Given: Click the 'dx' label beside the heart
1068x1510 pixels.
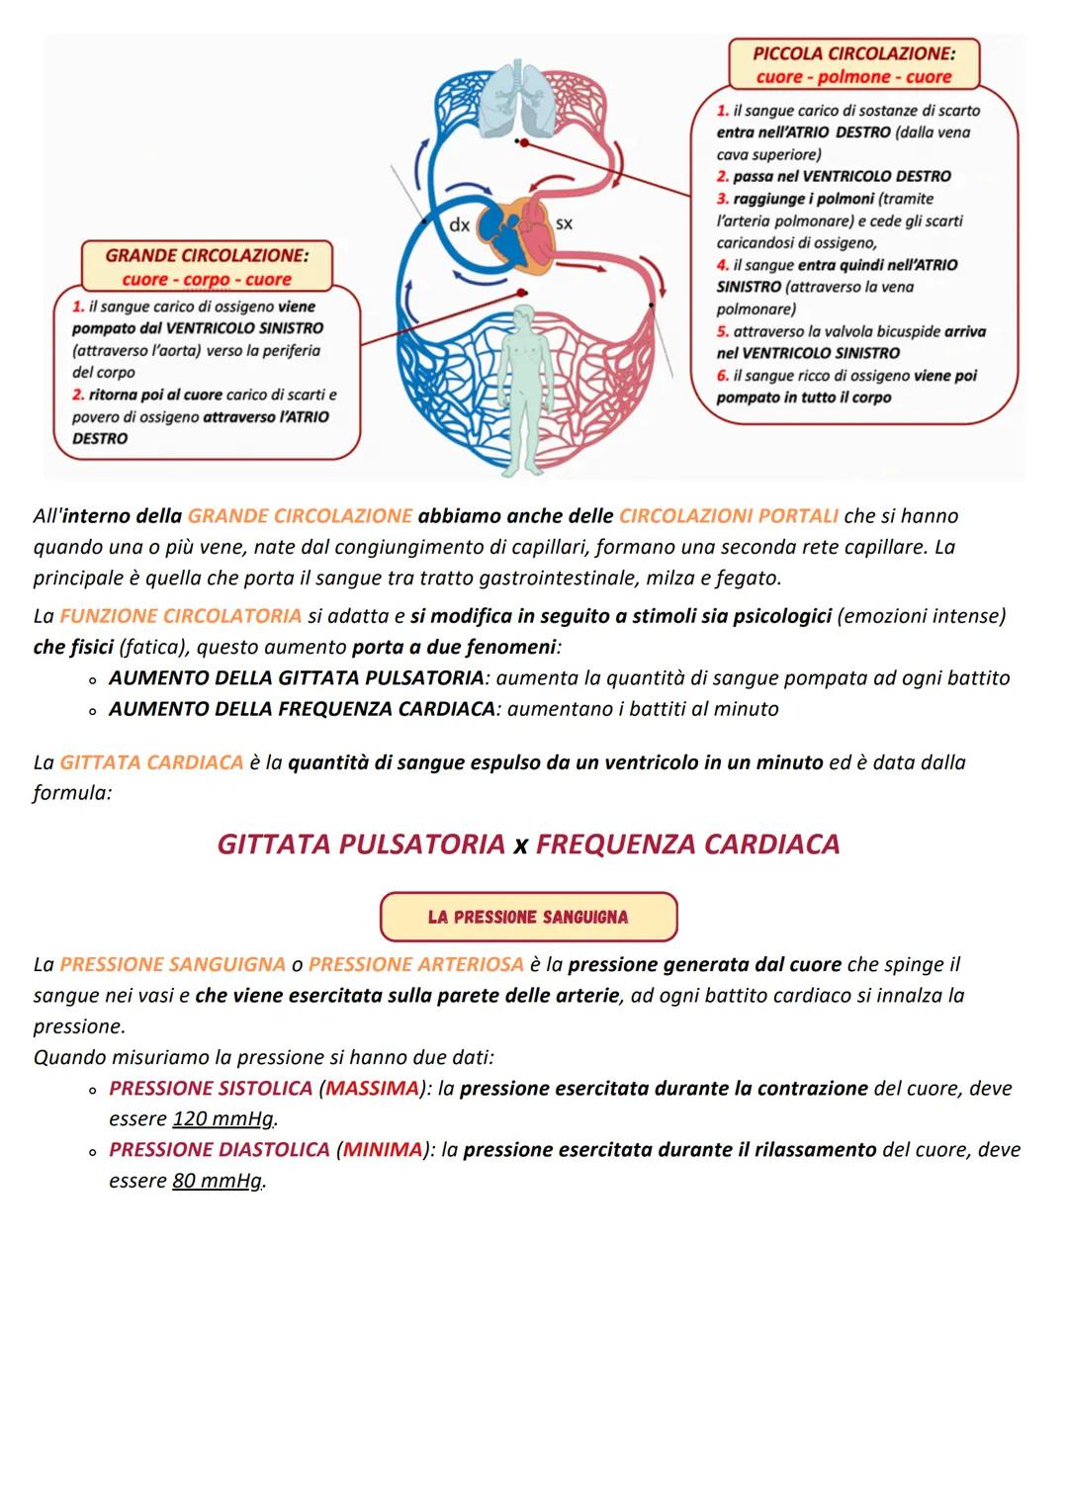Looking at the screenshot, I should (460, 225).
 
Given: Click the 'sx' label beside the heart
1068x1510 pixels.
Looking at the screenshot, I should (564, 223).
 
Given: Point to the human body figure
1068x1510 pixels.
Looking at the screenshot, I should (525, 386).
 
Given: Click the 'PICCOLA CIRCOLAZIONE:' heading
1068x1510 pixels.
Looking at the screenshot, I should (853, 53).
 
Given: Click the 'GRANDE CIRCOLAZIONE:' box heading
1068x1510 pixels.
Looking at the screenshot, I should (207, 255).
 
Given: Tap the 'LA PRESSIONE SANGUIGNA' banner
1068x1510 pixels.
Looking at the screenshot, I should (528, 917).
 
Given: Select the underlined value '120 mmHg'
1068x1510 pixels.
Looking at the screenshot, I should (223, 1119).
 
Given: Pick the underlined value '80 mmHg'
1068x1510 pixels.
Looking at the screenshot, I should (218, 1181).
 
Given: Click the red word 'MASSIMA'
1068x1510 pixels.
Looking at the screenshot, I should (372, 1089).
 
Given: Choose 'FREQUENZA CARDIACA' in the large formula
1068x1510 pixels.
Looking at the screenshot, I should (687, 844).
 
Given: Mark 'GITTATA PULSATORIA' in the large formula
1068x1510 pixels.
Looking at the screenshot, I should (361, 844).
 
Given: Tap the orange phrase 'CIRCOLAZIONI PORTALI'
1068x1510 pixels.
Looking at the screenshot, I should (728, 516).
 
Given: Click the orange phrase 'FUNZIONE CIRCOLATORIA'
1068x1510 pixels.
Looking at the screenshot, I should (180, 616).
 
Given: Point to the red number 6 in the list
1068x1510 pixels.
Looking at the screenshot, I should (723, 376).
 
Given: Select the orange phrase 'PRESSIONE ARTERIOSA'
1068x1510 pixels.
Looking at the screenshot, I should (415, 964).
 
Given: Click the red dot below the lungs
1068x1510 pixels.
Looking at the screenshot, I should (524, 142).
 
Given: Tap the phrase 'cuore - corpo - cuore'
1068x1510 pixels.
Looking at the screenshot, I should (207, 280).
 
